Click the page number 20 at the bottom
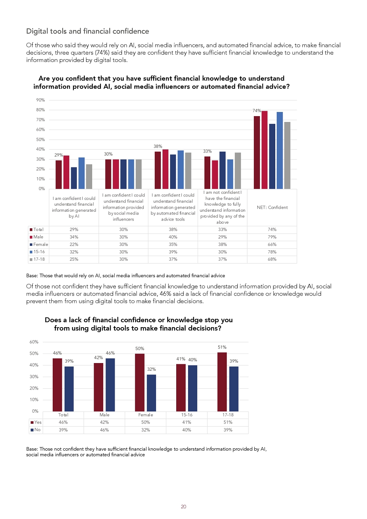(x=183, y=506)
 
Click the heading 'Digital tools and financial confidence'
(x=88, y=31)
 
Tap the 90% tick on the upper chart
(x=40, y=100)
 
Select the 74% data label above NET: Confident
(x=257, y=111)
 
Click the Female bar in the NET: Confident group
(x=272, y=156)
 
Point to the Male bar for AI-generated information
(x=66, y=172)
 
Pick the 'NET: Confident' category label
(x=272, y=208)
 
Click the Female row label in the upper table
(x=41, y=245)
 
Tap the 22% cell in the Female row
(x=74, y=245)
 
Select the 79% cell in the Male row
(x=272, y=237)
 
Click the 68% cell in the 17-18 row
(x=272, y=259)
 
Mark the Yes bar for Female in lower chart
(x=140, y=383)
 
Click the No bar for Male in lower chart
(x=110, y=385)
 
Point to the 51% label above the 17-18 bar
(x=222, y=347)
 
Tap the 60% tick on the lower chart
(x=34, y=342)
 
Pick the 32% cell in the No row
(x=146, y=430)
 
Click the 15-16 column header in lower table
(x=187, y=415)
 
